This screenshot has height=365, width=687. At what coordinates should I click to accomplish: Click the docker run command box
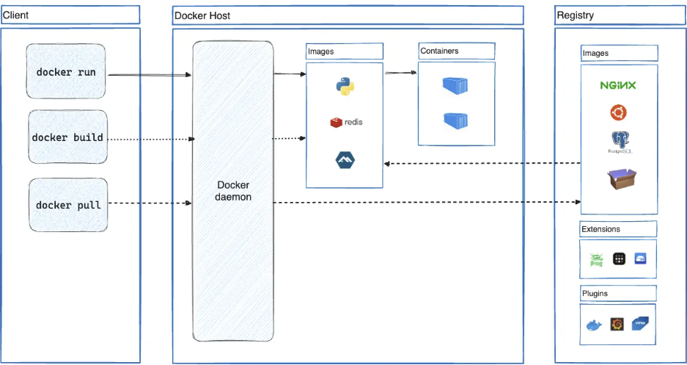(66, 72)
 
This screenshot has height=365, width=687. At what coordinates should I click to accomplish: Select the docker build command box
(67, 137)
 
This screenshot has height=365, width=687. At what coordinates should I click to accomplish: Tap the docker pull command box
(67, 205)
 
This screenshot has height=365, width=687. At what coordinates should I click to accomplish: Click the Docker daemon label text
(233, 191)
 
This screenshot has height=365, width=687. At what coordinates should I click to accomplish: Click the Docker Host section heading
(202, 15)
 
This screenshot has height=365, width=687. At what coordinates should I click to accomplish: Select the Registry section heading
(576, 15)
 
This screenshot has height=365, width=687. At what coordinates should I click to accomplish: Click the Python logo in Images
(345, 86)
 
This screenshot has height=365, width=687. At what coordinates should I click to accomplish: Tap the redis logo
(346, 122)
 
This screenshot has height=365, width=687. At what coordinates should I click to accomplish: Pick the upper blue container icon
(455, 86)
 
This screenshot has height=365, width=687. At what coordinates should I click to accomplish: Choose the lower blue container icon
(455, 120)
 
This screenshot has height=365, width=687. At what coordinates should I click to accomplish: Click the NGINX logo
(618, 85)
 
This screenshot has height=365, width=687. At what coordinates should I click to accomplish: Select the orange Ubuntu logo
(618, 112)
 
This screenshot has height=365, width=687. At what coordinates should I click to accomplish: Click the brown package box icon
(620, 178)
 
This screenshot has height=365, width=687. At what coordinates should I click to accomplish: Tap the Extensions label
(600, 229)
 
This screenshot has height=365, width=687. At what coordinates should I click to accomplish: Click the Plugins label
(595, 293)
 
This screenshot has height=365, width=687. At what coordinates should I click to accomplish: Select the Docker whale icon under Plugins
(593, 325)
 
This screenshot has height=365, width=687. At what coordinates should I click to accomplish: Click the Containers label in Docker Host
(439, 51)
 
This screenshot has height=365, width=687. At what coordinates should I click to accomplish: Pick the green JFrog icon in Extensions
(596, 259)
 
